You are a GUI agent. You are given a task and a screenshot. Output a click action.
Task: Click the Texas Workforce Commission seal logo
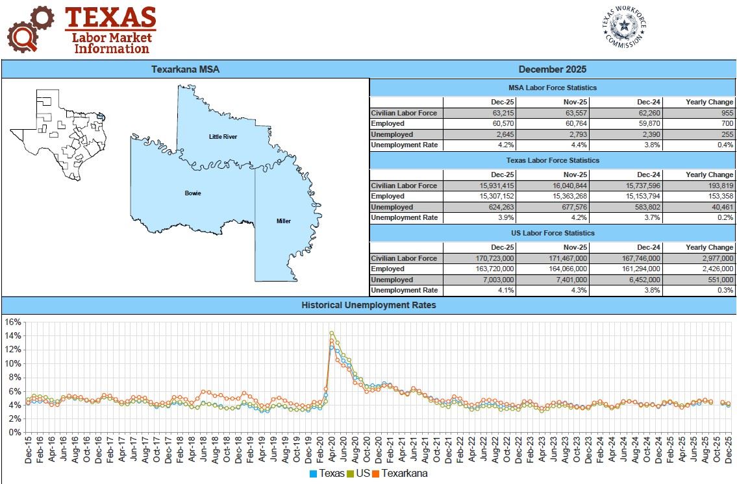click(625, 27)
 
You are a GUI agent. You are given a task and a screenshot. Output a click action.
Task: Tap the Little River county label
click(223, 137)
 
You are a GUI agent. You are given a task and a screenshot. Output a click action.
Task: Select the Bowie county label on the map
click(193, 193)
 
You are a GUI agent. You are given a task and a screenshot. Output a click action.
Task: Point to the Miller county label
click(283, 221)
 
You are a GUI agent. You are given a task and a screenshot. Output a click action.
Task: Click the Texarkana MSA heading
click(185, 69)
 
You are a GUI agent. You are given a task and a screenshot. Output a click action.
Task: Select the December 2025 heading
click(553, 69)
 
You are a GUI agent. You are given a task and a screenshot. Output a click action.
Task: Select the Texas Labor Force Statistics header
click(553, 160)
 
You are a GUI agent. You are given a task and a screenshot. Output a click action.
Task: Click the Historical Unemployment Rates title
click(368, 305)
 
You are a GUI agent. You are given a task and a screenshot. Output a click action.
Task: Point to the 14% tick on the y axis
click(13, 335)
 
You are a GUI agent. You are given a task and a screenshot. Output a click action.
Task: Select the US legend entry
click(358, 474)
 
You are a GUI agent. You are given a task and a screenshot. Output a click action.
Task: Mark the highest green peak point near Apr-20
click(332, 333)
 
